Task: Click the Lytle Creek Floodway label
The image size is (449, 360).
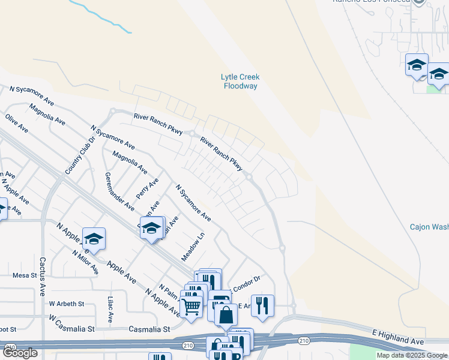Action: pyautogui.click(x=240, y=82)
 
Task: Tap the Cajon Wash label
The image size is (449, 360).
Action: pyautogui.click(x=429, y=227)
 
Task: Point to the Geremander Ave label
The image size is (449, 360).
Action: pyautogui.click(x=119, y=191)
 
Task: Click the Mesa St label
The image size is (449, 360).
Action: pyautogui.click(x=25, y=275)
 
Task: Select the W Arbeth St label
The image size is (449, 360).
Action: pyautogui.click(x=63, y=304)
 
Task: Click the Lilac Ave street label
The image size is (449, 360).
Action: pyautogui.click(x=110, y=309)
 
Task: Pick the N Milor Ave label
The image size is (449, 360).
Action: pyautogui.click(x=85, y=262)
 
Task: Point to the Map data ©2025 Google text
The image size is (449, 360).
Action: pyautogui.click(x=412, y=355)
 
